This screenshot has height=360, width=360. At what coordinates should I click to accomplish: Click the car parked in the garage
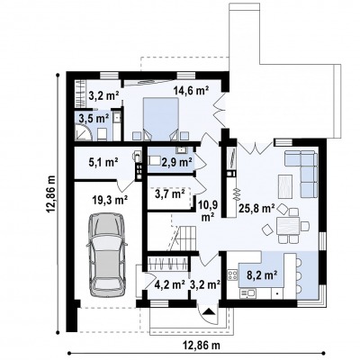pyautogui.click(x=106, y=255)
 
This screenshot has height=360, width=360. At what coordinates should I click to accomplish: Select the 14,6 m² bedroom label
pyautogui.click(x=191, y=91)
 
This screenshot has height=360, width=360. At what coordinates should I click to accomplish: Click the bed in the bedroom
pyautogui.click(x=161, y=119)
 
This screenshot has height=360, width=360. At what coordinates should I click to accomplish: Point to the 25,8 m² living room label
pyautogui.click(x=256, y=208)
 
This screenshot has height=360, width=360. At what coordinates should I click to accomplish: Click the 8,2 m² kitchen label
pyautogui.click(x=262, y=275)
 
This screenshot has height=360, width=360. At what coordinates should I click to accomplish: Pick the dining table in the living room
pyautogui.click(x=288, y=226)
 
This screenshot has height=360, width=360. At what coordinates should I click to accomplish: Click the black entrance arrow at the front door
pyautogui.click(x=210, y=311)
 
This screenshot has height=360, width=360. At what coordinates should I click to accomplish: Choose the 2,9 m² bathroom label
pyautogui.click(x=176, y=162)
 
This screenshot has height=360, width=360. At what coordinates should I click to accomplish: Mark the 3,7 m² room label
pyautogui.click(x=169, y=194)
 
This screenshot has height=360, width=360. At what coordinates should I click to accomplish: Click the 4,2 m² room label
pyautogui.click(x=169, y=284)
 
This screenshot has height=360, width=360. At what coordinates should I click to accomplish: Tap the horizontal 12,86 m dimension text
pyautogui.click(x=202, y=346)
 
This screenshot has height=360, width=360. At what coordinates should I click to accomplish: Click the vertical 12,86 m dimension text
pyautogui.click(x=51, y=194)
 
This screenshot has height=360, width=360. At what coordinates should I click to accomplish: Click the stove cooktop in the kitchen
pyautogui.click(x=232, y=275)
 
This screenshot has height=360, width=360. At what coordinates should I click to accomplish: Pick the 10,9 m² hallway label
pyautogui.click(x=207, y=211)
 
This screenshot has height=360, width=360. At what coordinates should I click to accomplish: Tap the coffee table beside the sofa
pyautogui.click(x=285, y=186)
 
